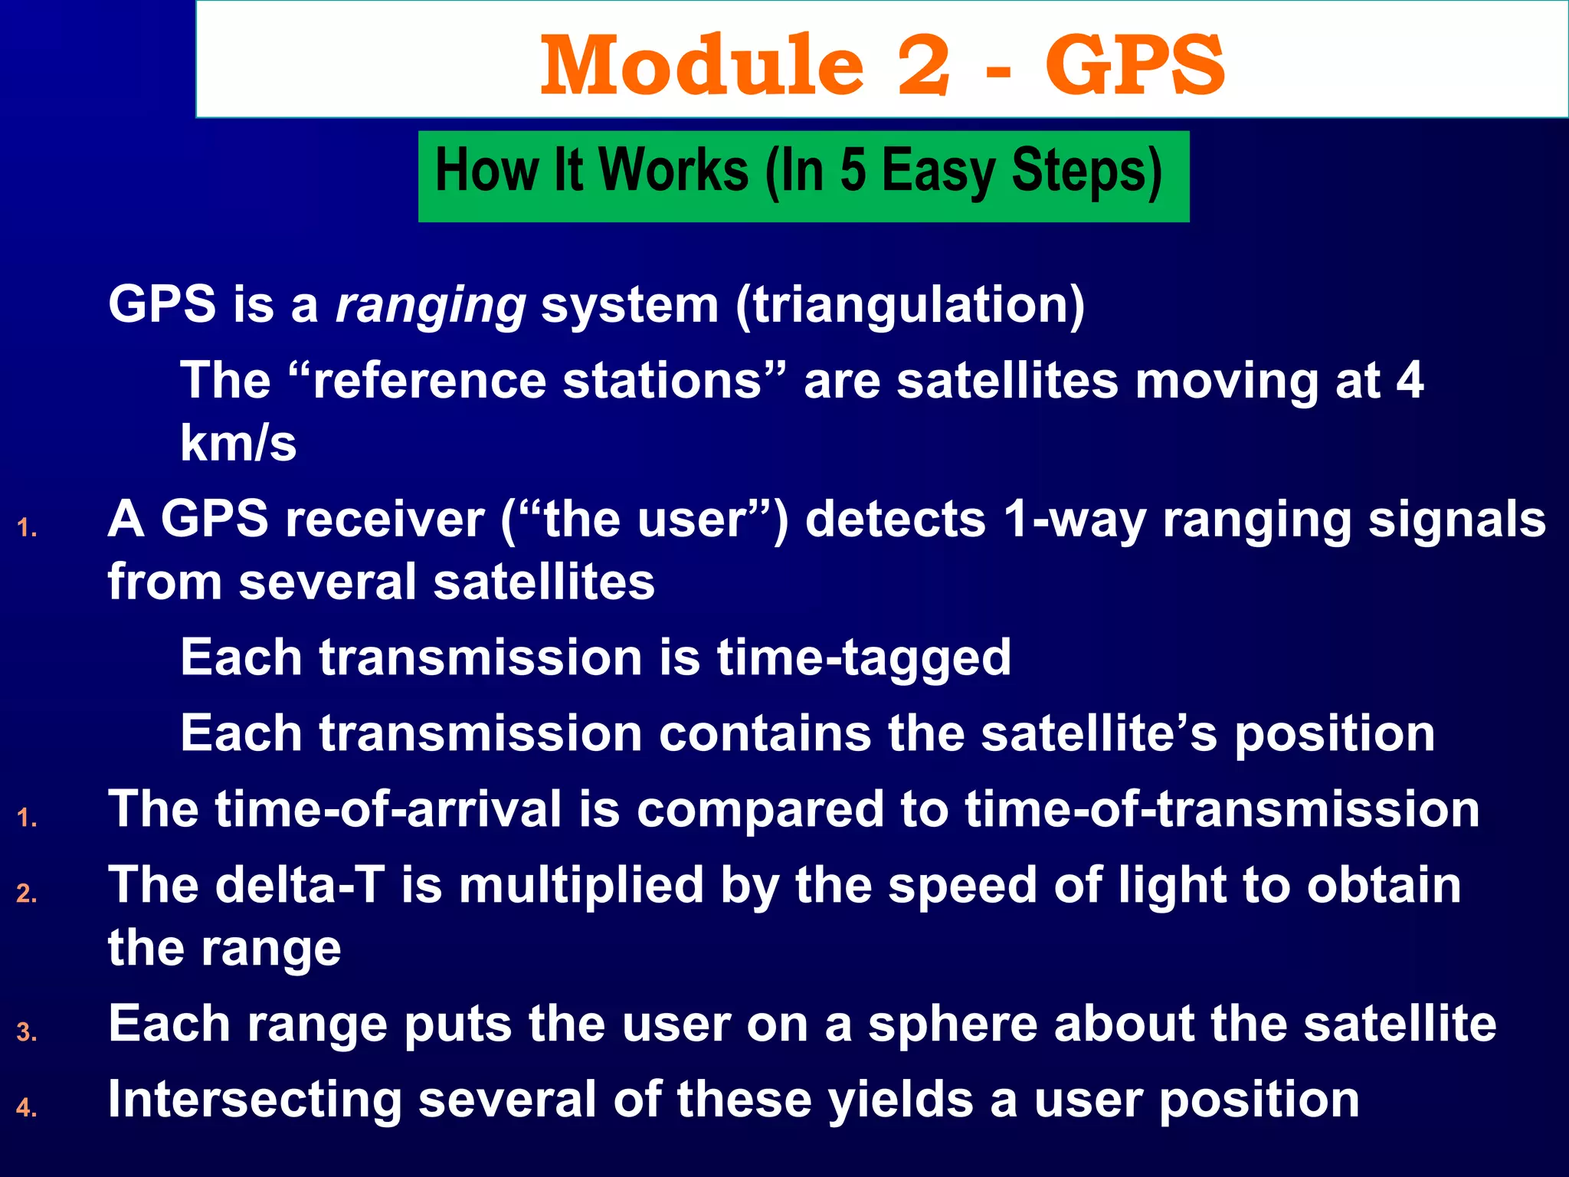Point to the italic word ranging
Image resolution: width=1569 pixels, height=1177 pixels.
(x=431, y=305)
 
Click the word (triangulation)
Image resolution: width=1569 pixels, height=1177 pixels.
(x=909, y=305)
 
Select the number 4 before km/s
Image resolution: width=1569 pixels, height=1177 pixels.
(x=1409, y=380)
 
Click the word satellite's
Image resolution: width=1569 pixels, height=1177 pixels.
(x=1099, y=733)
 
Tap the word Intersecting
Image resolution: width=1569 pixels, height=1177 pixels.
(x=254, y=1100)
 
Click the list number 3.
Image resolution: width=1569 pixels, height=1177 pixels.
(x=26, y=1032)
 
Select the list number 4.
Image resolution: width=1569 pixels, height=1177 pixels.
(x=26, y=1108)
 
